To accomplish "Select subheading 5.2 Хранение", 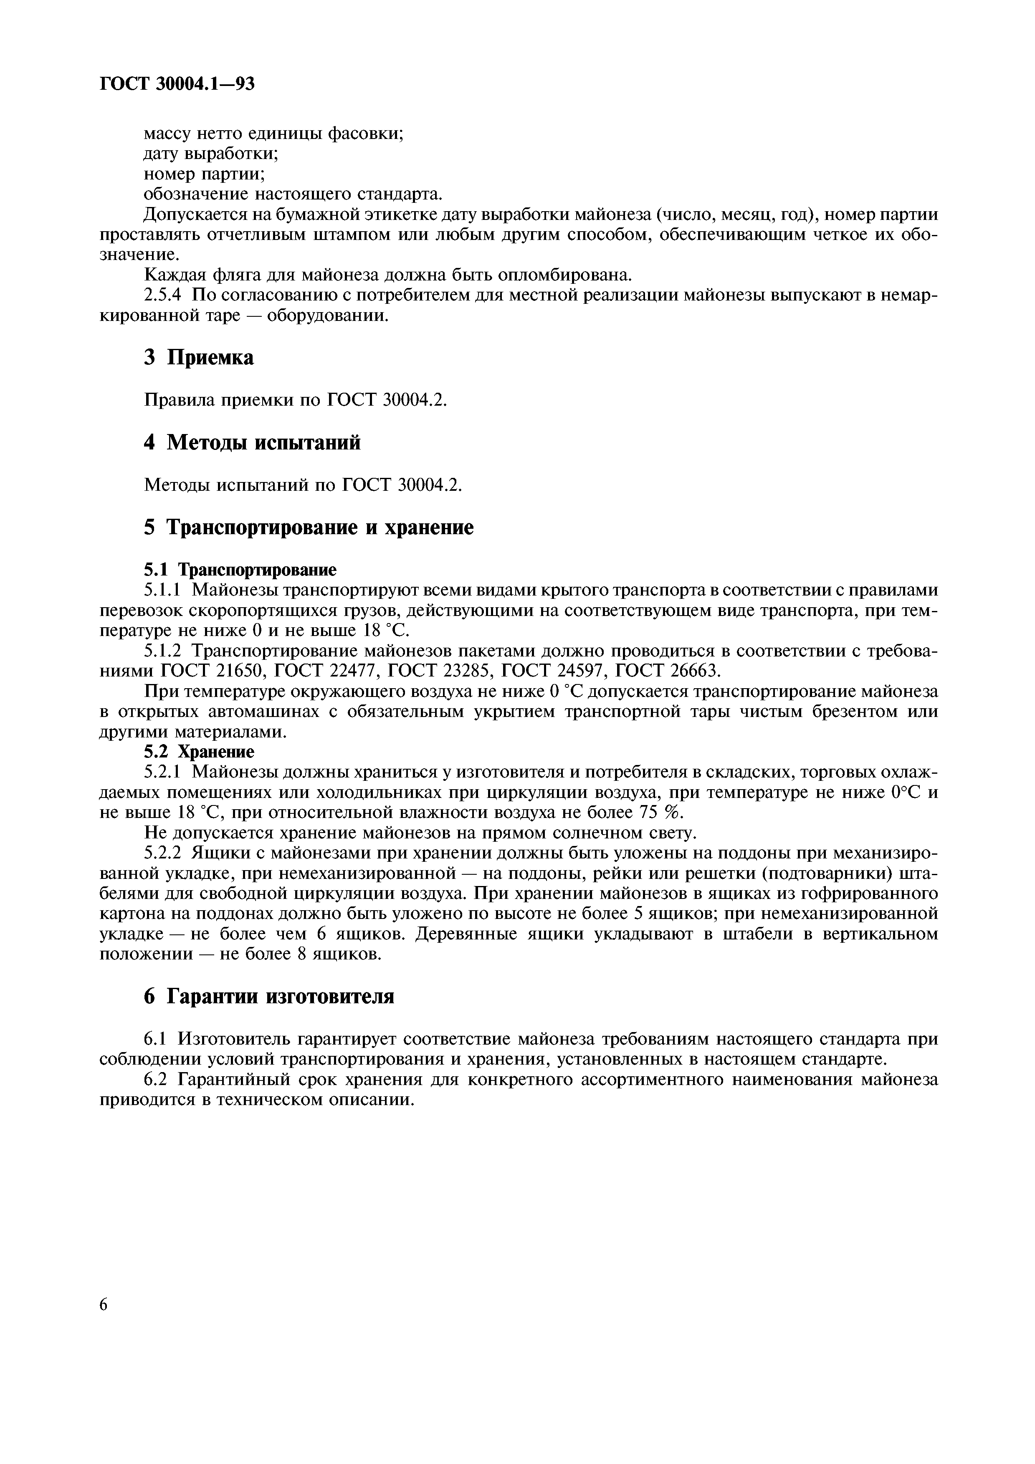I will [199, 752].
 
